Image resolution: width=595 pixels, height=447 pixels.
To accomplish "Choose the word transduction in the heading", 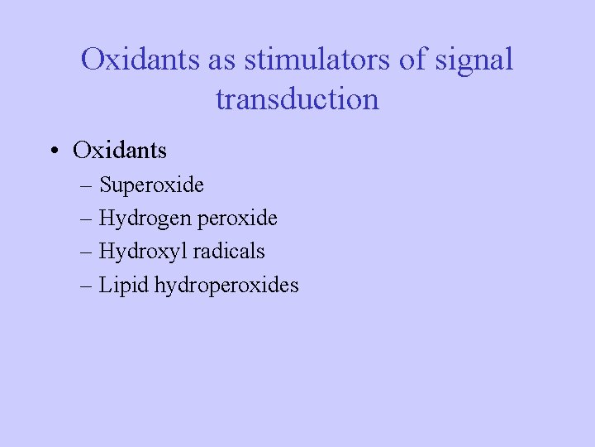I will [x=297, y=99].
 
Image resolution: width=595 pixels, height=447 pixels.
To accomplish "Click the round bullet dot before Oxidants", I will [x=54, y=151].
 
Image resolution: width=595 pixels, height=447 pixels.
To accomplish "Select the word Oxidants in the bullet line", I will [x=119, y=151].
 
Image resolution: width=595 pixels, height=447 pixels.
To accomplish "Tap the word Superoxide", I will [x=151, y=185].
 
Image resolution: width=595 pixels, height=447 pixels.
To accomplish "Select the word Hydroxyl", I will [x=137, y=252].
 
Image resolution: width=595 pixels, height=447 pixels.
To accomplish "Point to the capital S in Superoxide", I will [x=105, y=185].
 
